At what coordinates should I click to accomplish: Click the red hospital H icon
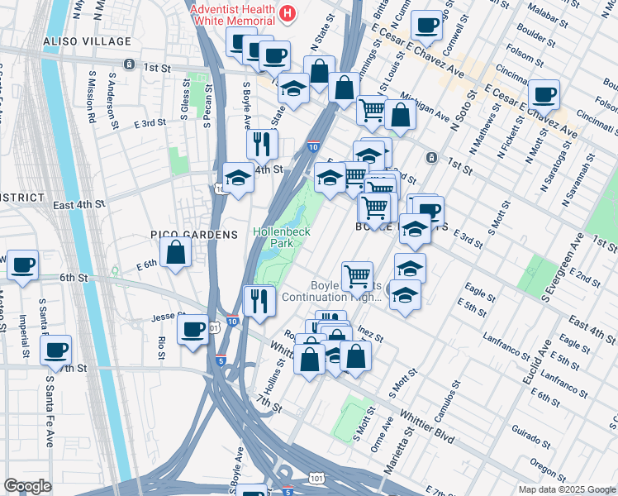click(x=287, y=12)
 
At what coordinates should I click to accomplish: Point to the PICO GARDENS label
click(x=193, y=235)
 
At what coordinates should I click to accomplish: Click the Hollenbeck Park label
click(x=282, y=238)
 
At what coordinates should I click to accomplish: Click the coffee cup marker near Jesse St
click(x=194, y=329)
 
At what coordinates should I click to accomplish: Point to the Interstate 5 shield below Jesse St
click(x=221, y=360)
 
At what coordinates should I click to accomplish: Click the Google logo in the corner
click(x=27, y=486)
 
